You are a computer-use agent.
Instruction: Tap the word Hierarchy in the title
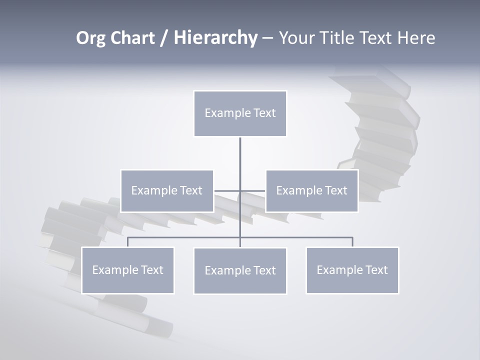click(215, 38)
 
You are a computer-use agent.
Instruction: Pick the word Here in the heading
click(416, 38)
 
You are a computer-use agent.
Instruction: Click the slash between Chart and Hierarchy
click(164, 38)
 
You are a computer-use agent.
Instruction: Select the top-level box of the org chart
click(240, 113)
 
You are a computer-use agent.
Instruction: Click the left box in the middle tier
click(167, 190)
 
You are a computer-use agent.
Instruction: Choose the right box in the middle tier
click(311, 190)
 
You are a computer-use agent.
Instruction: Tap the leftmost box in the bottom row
click(127, 270)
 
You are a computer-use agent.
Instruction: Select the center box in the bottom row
click(240, 270)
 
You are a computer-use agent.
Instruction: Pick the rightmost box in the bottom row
click(352, 270)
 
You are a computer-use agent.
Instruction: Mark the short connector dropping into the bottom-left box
click(127, 242)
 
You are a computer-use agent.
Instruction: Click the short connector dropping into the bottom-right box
click(352, 242)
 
